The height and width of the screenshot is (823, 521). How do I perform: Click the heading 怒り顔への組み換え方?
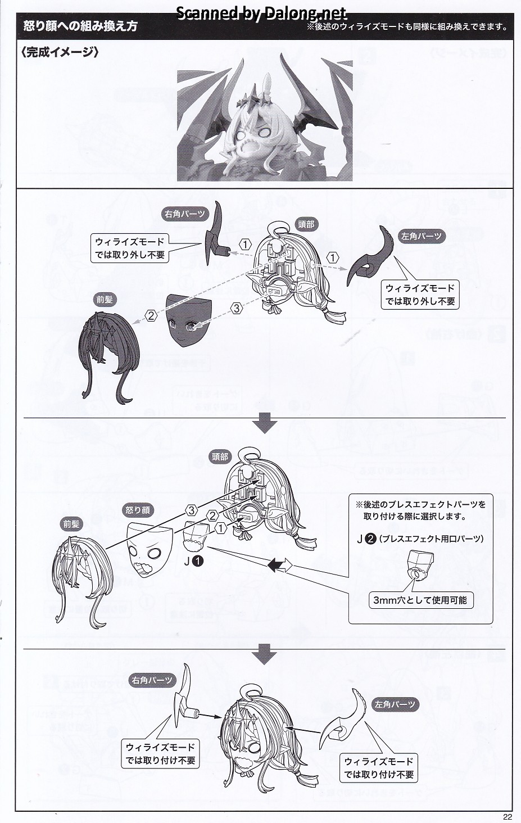tap(80, 27)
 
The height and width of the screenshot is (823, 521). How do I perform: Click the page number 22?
tap(508, 817)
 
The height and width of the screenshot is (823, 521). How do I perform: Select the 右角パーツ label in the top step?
tap(185, 214)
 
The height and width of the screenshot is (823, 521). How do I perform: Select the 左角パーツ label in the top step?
tap(421, 236)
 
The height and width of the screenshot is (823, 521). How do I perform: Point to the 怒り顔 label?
tap(138, 510)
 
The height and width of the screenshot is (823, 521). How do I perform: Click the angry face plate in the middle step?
tap(149, 549)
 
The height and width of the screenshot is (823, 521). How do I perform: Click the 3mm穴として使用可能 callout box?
tap(420, 600)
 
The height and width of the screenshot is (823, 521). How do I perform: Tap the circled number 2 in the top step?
tap(150, 315)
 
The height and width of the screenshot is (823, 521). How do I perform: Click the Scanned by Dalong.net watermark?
tap(262, 13)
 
